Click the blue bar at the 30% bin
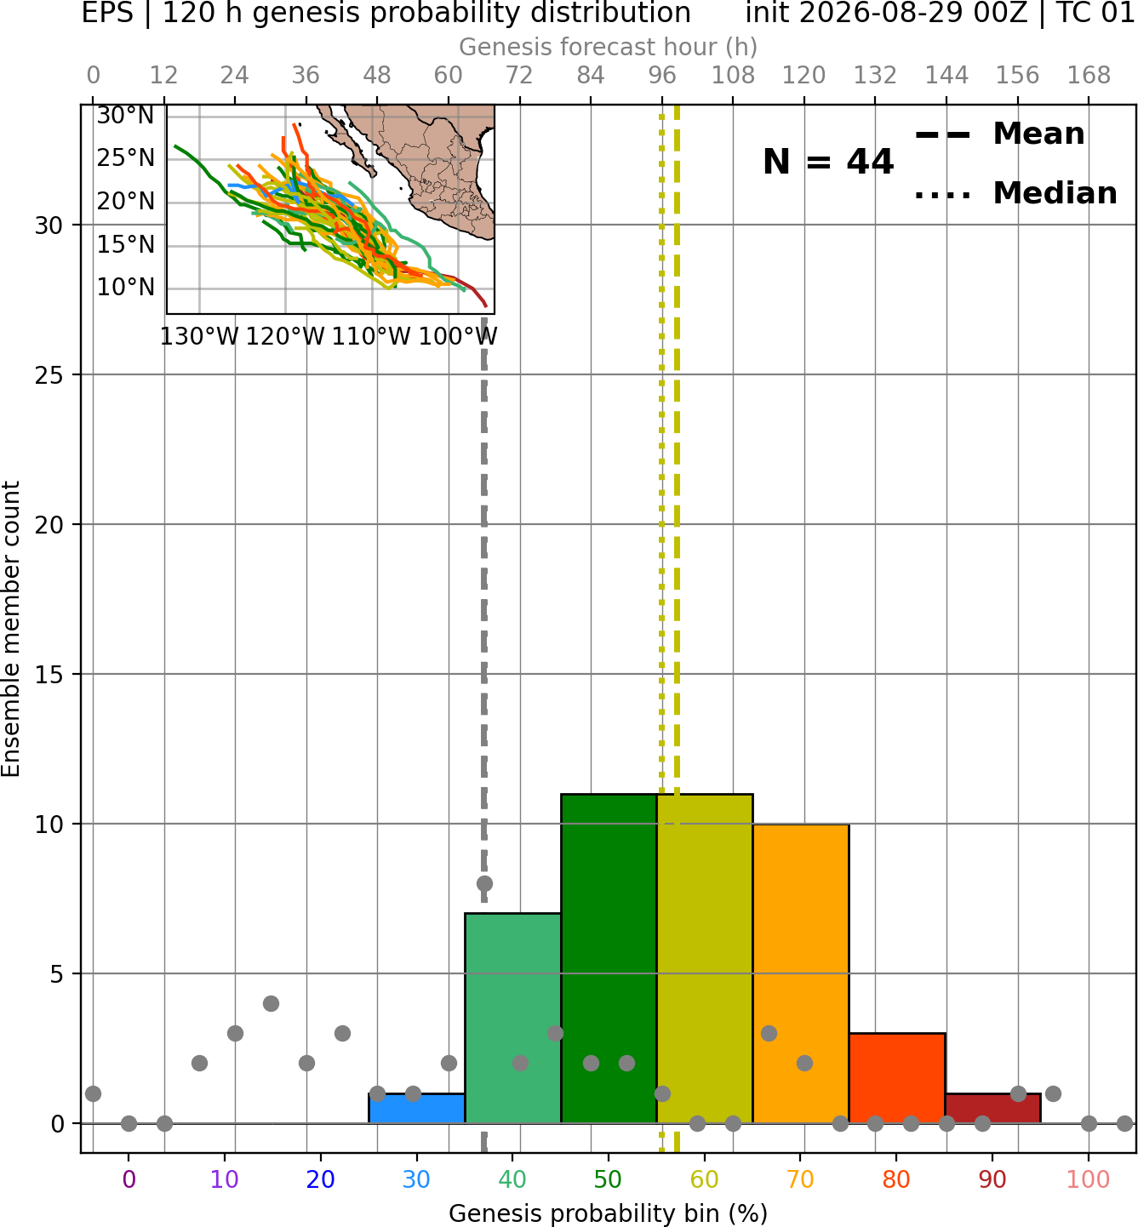pos(416,1109)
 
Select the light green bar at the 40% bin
pos(513,1019)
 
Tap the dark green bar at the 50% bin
pos(609,958)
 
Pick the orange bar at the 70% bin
pos(801,973)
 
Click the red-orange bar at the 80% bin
pos(897,1078)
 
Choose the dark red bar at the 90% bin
pos(993,1109)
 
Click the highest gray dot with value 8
pos(484,883)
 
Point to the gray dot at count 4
pos(271,1003)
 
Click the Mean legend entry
pos(999,134)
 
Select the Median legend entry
pos(1015,193)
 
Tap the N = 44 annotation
pos(828,162)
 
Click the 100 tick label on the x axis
pos(1089,1180)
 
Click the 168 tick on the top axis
pos(1089,76)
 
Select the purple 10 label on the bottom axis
pos(225,1180)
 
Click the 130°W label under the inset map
pos(199,337)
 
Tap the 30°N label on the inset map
pos(125,116)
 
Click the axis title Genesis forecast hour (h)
pos(609,47)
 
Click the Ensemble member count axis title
pos(11,629)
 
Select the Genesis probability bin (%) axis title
pos(609,1214)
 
